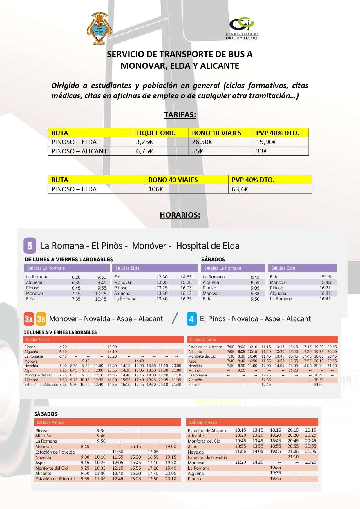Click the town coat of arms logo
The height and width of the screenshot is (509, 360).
[x=100, y=28]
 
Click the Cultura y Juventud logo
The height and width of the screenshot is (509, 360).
[x=242, y=28]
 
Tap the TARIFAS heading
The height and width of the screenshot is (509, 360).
[x=180, y=115]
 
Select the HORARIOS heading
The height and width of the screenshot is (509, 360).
[x=180, y=215]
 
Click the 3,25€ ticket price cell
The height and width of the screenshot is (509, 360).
[x=144, y=142]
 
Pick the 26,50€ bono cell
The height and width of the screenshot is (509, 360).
[x=202, y=142]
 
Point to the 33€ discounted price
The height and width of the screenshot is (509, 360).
[x=262, y=151]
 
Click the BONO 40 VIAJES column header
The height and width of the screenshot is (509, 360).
[x=173, y=180]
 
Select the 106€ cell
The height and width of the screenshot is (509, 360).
[x=156, y=189]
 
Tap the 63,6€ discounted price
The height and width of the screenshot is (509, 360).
[x=240, y=189]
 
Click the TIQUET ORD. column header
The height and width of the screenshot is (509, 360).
[x=156, y=133]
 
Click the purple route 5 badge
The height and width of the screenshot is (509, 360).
[x=30, y=246]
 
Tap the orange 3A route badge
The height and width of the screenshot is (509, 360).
[x=29, y=319]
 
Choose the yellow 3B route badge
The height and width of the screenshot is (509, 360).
[x=41, y=319]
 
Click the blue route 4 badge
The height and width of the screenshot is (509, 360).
[x=191, y=319]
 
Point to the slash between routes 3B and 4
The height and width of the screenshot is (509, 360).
[x=175, y=318]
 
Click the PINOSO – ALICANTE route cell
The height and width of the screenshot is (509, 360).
[x=81, y=151]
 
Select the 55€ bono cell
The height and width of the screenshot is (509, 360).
[x=198, y=151]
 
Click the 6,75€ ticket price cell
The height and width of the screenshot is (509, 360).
[x=144, y=151]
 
